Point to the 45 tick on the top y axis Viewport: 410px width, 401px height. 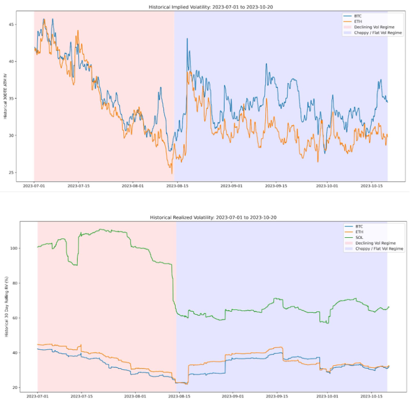click(11, 25)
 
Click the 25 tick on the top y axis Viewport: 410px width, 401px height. click(11, 173)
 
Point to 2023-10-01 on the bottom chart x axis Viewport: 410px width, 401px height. click(328, 395)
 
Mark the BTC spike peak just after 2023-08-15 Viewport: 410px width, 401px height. click(187, 38)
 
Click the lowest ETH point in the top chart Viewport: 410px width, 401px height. click(172, 173)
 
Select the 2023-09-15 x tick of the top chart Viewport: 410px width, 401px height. click(276, 186)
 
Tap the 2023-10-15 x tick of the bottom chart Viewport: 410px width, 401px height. click(373, 395)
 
